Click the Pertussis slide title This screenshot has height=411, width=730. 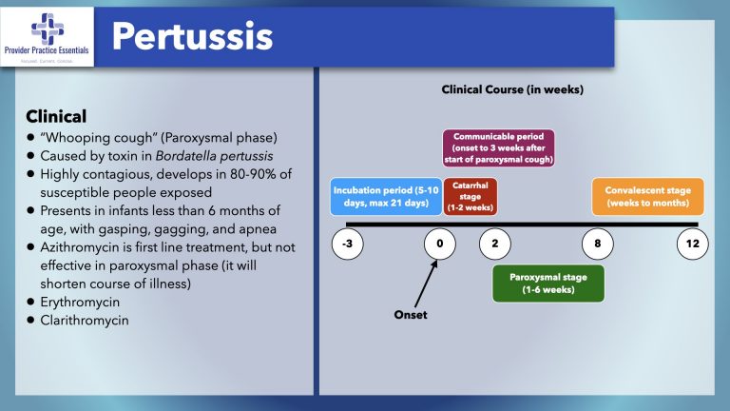coord(192,36)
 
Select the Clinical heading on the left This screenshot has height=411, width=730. coord(56,116)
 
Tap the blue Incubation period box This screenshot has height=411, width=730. coord(385,196)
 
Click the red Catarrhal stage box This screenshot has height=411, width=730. coord(470,196)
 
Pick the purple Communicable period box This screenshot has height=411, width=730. coord(498,148)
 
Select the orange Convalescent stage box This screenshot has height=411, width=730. coord(648,196)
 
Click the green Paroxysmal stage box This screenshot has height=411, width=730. coord(547,284)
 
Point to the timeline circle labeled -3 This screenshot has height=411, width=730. coord(348,245)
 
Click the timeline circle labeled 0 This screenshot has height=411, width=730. coord(439,245)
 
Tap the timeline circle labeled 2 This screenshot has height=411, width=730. coord(495,245)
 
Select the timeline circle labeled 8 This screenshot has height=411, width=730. coord(597,245)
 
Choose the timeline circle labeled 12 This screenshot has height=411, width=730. coord(691,245)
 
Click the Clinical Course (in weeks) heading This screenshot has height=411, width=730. coord(512,89)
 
